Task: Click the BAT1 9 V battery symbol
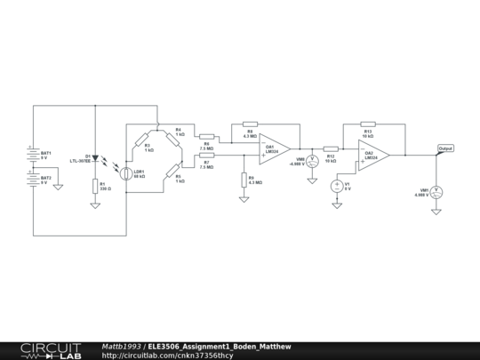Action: pos(34,153)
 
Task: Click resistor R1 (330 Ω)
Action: pos(95,187)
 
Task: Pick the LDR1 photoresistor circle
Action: pos(127,174)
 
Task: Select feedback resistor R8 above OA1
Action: pos(250,124)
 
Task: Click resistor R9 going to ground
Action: pos(244,180)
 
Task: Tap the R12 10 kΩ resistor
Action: pos(331,148)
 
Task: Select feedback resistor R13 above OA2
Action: pos(368,124)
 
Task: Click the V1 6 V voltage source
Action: pos(337,186)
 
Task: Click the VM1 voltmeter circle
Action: pos(436,191)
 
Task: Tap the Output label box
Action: pos(446,148)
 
